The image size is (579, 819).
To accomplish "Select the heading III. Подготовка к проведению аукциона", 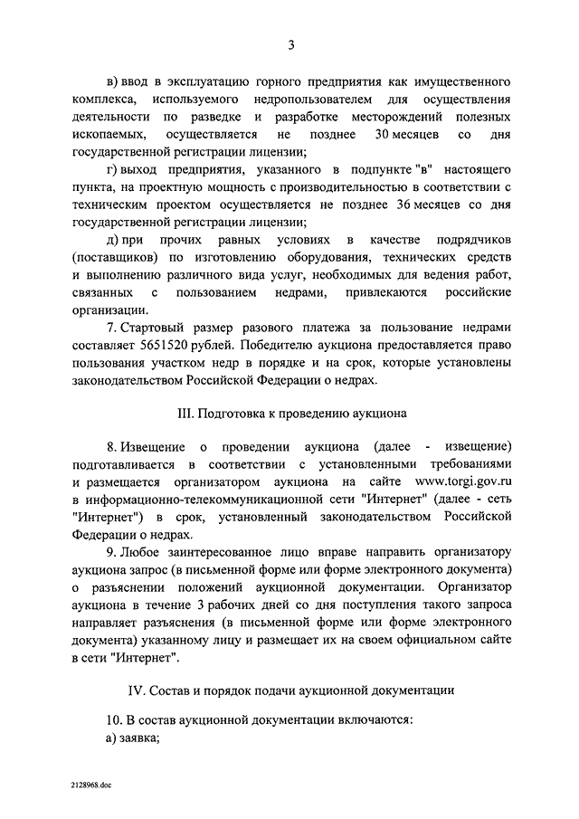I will pos(291,414).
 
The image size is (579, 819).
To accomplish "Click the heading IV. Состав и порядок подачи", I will pos(291,690).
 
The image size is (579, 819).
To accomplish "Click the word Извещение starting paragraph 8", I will pos(154,448).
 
